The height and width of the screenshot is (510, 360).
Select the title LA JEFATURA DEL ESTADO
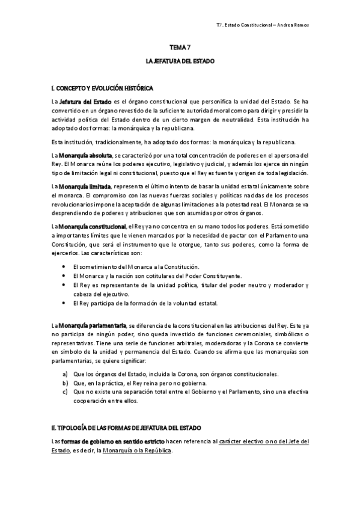(180, 61)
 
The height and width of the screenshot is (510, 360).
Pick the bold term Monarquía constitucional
(91, 226)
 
